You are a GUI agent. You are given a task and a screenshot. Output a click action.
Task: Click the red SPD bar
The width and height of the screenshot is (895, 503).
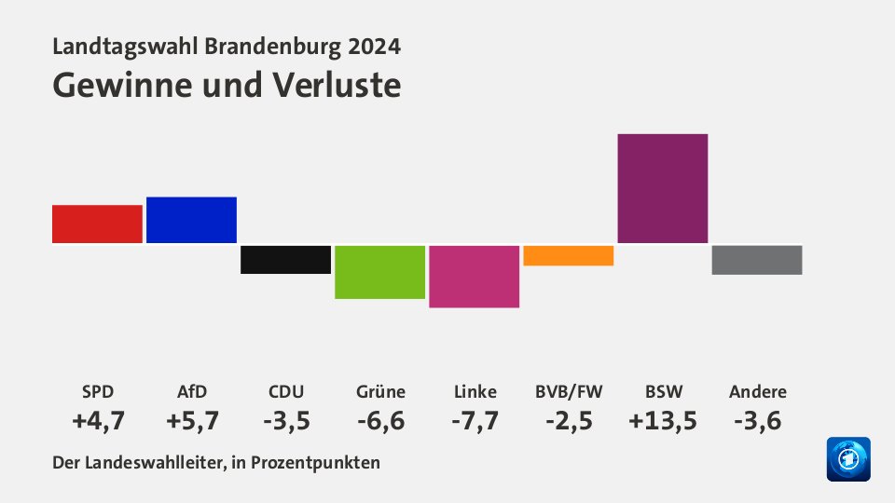[97, 224]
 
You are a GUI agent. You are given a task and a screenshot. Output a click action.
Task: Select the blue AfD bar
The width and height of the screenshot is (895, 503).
[191, 220]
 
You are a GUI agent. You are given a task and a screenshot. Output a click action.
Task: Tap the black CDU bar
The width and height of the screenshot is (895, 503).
[285, 260]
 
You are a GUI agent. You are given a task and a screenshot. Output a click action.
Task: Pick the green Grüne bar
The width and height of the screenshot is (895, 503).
[379, 272]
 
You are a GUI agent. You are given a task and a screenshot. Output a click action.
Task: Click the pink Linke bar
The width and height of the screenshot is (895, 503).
[474, 277]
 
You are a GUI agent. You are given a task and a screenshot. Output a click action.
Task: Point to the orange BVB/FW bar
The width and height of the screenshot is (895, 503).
[568, 255]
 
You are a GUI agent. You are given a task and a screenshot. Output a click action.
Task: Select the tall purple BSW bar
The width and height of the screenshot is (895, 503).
[662, 188]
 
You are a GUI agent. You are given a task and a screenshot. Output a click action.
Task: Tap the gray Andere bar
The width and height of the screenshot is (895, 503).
[756, 260]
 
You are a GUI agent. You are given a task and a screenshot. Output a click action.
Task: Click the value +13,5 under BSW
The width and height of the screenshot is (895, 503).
[662, 421]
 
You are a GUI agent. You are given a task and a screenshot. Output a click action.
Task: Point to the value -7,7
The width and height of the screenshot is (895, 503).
[474, 421]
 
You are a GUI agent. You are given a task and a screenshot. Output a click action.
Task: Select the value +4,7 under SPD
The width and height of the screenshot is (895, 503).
[97, 421]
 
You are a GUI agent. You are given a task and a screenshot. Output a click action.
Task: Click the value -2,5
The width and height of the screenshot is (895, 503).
[568, 421]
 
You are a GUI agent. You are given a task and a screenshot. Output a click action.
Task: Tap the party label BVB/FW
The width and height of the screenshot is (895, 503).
[568, 391]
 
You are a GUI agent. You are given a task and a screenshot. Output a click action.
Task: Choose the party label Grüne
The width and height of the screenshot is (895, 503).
[379, 391]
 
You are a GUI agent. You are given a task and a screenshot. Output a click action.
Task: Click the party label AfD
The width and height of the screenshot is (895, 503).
[191, 391]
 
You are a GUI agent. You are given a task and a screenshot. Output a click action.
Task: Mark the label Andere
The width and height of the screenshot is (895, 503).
[756, 391]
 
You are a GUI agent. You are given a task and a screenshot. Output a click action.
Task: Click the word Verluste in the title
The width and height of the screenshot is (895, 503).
[337, 85]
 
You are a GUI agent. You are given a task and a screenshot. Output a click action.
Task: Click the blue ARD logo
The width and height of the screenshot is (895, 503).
[847, 459]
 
